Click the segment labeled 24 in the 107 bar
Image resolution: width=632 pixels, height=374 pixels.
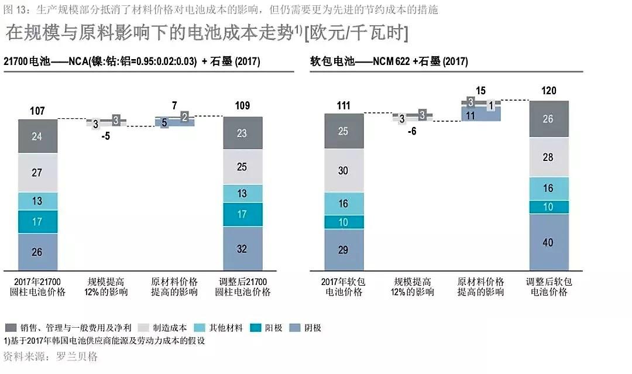tap(37, 137)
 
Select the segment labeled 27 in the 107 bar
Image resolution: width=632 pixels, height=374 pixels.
tap(37, 173)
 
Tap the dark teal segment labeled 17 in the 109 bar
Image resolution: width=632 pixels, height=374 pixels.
tap(242, 214)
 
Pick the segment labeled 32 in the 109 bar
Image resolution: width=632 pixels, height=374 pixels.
tap(242, 248)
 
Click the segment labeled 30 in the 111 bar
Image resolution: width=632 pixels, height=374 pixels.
tap(344, 170)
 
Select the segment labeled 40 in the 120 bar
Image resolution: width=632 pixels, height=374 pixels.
tap(548, 242)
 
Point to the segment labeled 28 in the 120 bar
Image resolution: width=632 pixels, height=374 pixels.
tap(548, 157)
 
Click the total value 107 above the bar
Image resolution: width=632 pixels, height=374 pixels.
tap(36, 111)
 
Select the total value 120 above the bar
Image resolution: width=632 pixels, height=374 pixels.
tap(549, 91)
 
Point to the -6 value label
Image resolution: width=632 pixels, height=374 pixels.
tap(412, 131)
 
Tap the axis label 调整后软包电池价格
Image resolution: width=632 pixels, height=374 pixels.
tap(549, 287)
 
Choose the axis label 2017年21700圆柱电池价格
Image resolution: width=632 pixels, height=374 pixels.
tap(37, 287)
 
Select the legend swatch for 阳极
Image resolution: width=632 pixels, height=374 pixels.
tap(254, 328)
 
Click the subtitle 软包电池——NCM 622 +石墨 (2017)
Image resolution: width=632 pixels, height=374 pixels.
tap(389, 61)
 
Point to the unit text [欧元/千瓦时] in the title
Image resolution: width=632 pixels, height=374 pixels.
tap(357, 33)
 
